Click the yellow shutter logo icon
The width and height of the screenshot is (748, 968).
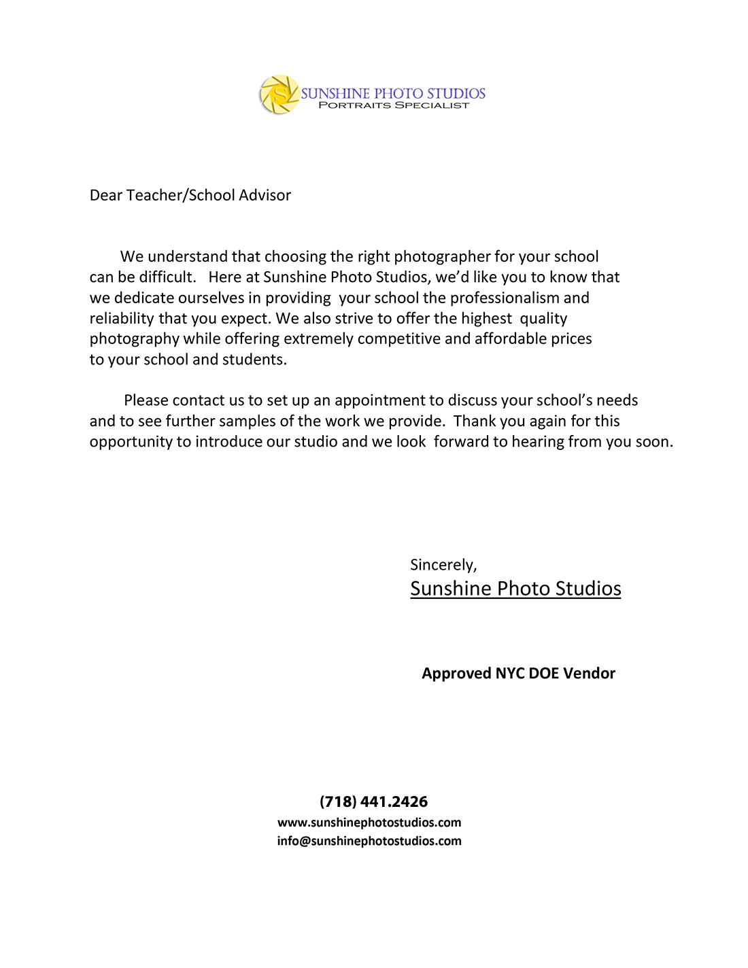tap(279, 94)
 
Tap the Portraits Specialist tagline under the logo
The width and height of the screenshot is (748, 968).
tap(394, 105)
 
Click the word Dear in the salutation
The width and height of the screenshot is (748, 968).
tap(106, 196)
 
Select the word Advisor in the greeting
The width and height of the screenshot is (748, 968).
tap(265, 196)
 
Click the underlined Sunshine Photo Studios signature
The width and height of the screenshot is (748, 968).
tap(515, 589)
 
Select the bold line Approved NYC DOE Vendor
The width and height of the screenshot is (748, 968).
tap(518, 674)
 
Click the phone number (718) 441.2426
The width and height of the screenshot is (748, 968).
tap(373, 802)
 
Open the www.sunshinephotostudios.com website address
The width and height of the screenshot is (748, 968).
tap(369, 823)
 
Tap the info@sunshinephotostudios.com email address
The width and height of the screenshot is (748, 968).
tap(369, 841)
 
